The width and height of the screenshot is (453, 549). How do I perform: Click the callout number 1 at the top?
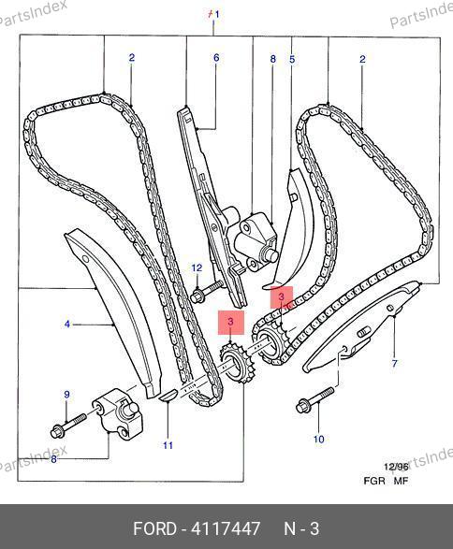(217, 15)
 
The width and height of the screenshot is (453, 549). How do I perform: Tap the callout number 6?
(216, 58)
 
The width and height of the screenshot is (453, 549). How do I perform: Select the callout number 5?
(292, 59)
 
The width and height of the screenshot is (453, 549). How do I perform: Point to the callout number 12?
(197, 267)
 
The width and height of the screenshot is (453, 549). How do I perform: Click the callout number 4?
(67, 325)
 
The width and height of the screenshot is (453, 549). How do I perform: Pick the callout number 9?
(66, 395)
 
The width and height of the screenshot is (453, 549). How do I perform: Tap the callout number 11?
(168, 445)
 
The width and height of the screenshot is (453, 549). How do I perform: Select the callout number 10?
(318, 439)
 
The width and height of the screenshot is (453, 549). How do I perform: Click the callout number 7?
(394, 363)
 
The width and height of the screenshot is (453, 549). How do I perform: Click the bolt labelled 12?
(207, 291)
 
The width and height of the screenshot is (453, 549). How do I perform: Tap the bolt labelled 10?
(315, 399)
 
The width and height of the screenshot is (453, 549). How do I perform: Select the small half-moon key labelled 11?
(168, 395)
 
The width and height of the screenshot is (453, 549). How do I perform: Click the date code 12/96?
(396, 467)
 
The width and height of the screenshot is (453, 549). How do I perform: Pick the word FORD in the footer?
(154, 528)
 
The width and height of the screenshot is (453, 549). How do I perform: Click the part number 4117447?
(226, 528)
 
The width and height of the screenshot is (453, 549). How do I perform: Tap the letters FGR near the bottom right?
(374, 481)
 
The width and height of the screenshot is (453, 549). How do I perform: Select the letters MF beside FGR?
(402, 481)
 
